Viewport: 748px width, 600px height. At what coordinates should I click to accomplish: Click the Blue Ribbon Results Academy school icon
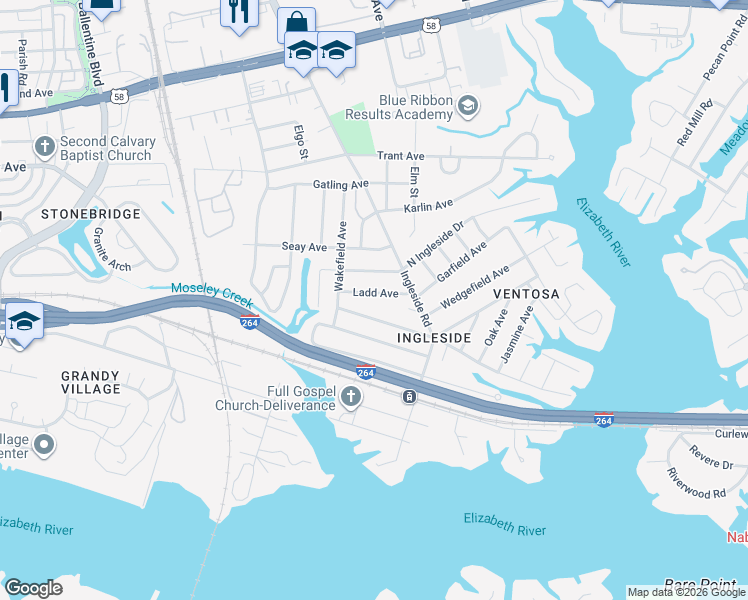467,105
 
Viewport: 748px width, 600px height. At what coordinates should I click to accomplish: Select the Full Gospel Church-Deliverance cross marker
350,398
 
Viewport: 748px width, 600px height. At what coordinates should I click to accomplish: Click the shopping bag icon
296,23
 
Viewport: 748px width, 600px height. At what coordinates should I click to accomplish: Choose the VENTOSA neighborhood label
526,294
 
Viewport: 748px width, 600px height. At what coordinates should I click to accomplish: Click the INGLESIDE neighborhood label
434,338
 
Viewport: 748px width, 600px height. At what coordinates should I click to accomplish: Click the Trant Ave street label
400,156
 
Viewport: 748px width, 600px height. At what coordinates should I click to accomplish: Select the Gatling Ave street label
340,184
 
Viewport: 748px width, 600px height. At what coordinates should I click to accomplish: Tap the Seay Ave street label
304,247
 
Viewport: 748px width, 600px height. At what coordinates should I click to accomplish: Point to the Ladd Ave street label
376,293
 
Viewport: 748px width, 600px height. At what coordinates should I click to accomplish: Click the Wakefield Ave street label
340,256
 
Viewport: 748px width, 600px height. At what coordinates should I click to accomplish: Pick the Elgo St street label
299,142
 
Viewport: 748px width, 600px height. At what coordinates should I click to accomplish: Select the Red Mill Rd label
693,122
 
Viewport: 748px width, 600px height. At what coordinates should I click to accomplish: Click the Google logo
34,588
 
